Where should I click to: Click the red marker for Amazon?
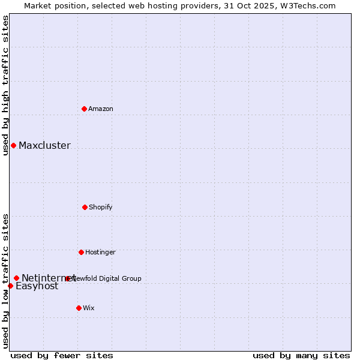(84, 109)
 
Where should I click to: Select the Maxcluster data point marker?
(13, 145)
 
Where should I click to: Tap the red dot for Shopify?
(85, 207)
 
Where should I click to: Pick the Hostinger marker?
(81, 252)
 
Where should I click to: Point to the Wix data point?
(79, 308)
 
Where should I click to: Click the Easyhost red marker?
(10, 286)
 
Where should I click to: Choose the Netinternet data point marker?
(16, 278)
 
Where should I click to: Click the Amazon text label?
(101, 109)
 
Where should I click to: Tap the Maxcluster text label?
(44, 145)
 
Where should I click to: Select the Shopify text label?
(101, 207)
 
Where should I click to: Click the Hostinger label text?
(100, 252)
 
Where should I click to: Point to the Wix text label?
(89, 308)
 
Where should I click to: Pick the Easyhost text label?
(37, 286)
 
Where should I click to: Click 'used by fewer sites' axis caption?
(62, 355)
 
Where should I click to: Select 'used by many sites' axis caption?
(301, 355)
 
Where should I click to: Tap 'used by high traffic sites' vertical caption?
(5, 85)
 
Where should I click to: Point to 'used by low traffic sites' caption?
(5, 280)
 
